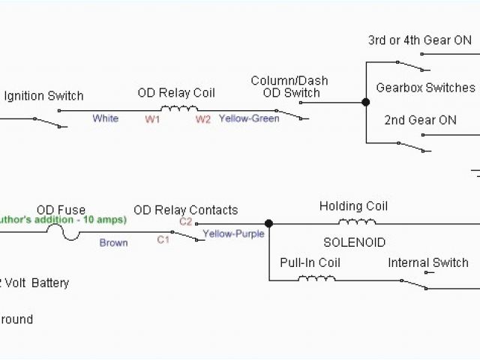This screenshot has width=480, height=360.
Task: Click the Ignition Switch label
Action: (43, 96)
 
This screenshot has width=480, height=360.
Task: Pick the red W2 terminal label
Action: (202, 118)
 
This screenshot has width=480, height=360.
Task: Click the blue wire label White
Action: (106, 118)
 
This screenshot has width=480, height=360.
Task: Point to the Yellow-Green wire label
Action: (249, 118)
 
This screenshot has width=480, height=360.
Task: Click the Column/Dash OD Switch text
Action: (289, 87)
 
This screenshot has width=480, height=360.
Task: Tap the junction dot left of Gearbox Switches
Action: (366, 102)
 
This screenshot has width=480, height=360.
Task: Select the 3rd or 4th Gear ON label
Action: (420, 40)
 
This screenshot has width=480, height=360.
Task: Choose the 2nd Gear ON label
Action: (420, 120)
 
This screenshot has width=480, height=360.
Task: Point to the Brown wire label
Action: (113, 243)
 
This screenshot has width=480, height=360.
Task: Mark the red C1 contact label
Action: (163, 240)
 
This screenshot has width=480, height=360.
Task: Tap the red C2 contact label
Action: (185, 222)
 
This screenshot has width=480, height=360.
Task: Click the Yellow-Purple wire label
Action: (234, 234)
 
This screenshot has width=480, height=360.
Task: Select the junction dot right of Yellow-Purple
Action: (268, 223)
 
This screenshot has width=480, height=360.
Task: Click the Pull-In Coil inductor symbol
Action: (316, 278)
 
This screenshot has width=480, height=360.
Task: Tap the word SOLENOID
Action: (354, 243)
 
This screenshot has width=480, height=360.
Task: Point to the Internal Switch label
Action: (428, 262)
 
